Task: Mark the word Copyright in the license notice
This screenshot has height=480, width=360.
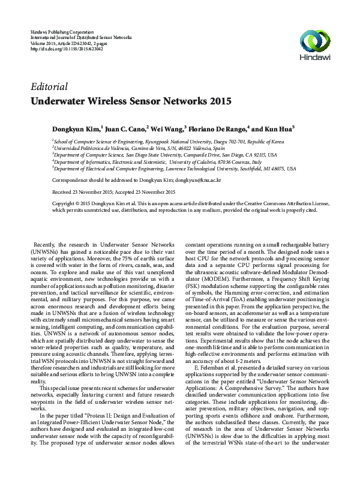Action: pyautogui.click(x=65, y=204)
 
